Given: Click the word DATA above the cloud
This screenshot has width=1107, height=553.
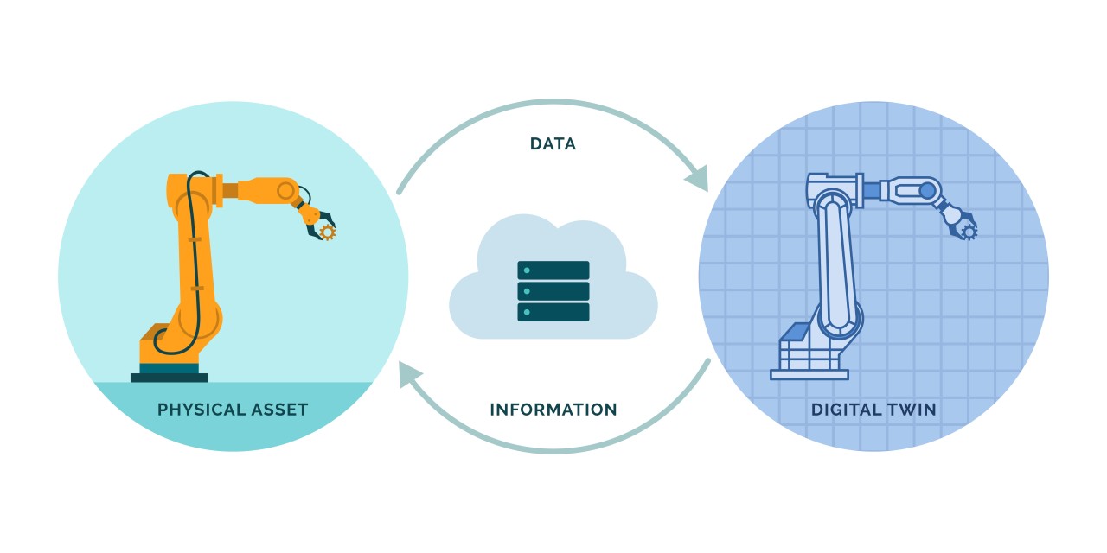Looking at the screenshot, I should pyautogui.click(x=553, y=144).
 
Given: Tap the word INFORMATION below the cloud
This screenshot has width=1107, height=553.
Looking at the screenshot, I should pyautogui.click(x=553, y=410).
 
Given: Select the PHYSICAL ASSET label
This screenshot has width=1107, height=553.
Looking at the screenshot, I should pyautogui.click(x=233, y=410).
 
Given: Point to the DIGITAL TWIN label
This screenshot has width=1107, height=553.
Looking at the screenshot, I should pyautogui.click(x=873, y=410).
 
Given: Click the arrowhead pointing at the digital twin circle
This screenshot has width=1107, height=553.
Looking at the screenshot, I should pyautogui.click(x=697, y=180).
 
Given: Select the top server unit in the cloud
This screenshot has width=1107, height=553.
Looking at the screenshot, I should pyautogui.click(x=553, y=270).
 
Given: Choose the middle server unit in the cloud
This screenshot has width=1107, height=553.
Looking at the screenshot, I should pyautogui.click(x=553, y=290).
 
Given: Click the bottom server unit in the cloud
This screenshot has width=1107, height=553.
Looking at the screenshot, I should pyautogui.click(x=553, y=311).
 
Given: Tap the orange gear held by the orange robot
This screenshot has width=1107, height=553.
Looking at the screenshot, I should pyautogui.click(x=326, y=232).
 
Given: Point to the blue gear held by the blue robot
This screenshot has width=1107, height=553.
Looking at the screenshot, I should pyautogui.click(x=969, y=232).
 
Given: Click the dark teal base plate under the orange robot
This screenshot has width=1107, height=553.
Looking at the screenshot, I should pyautogui.click(x=170, y=377).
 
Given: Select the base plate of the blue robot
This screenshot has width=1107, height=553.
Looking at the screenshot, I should pyautogui.click(x=809, y=374).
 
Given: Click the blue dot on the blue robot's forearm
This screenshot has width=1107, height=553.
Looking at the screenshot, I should pyautogui.click(x=927, y=189).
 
